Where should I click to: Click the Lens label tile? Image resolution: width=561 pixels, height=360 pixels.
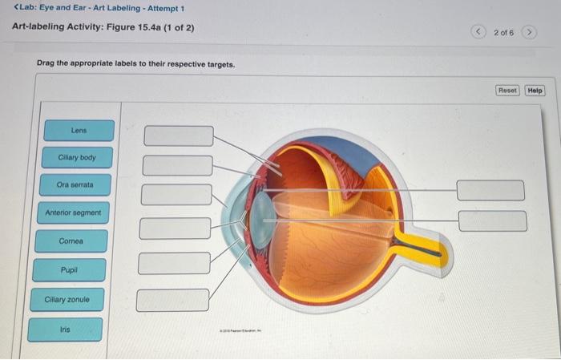click(79, 130)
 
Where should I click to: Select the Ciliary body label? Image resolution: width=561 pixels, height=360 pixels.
click(76, 158)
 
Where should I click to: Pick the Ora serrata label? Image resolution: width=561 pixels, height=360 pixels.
click(75, 185)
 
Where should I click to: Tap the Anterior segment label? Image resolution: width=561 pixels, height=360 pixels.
click(73, 213)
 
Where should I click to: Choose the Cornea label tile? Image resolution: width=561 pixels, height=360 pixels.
click(71, 241)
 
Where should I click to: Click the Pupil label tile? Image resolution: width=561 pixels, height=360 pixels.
click(69, 270)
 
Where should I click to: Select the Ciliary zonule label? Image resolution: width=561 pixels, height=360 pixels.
click(67, 300)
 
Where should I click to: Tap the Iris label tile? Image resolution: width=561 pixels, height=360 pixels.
click(65, 330)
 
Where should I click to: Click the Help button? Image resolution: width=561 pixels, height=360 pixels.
click(535, 91)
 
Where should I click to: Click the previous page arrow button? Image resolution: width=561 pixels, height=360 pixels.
click(478, 32)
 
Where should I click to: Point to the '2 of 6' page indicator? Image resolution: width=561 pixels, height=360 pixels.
click(502, 32)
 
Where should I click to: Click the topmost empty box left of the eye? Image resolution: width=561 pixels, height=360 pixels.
click(179, 136)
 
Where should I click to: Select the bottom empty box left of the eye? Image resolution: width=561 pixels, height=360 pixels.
click(172, 300)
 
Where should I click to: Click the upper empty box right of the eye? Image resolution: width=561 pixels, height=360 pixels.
click(490, 190)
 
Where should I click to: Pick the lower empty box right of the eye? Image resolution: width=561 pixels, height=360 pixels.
click(492, 220)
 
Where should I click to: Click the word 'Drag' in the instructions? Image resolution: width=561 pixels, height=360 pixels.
click(46, 63)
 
